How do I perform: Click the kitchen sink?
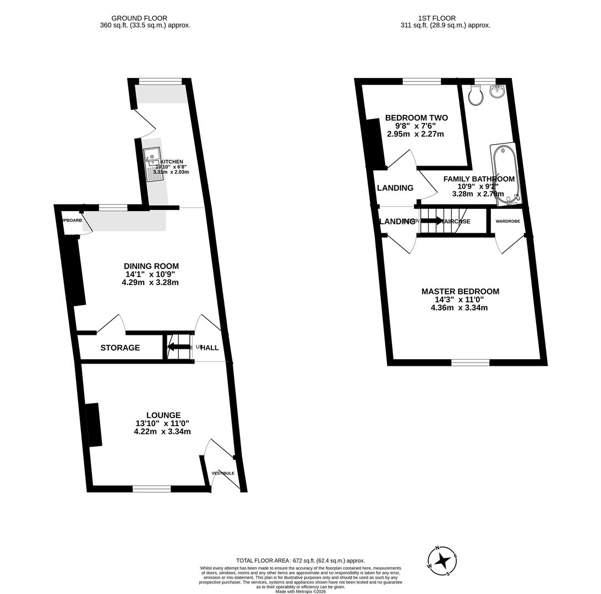[x=152, y=164]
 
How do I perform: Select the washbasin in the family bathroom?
[x=498, y=92]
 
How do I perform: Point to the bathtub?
[x=505, y=174]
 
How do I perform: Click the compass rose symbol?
[x=442, y=560]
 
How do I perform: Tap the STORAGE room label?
[x=120, y=348]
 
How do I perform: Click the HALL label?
[x=209, y=348]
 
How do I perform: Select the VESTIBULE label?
[x=223, y=473]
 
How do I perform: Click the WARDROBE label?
[x=507, y=221]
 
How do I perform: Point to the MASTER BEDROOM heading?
[x=460, y=291]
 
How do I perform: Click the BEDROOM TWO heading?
[x=416, y=118]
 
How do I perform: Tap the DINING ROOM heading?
[x=151, y=266]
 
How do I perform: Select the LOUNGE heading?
[x=163, y=415]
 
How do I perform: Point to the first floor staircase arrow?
[x=431, y=221]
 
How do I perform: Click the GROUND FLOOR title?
[x=139, y=18]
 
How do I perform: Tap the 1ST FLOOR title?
[x=444, y=18]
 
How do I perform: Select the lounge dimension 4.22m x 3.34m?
[x=162, y=431]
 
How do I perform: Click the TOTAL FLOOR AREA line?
[x=300, y=560]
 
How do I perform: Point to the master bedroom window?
[x=470, y=362]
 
